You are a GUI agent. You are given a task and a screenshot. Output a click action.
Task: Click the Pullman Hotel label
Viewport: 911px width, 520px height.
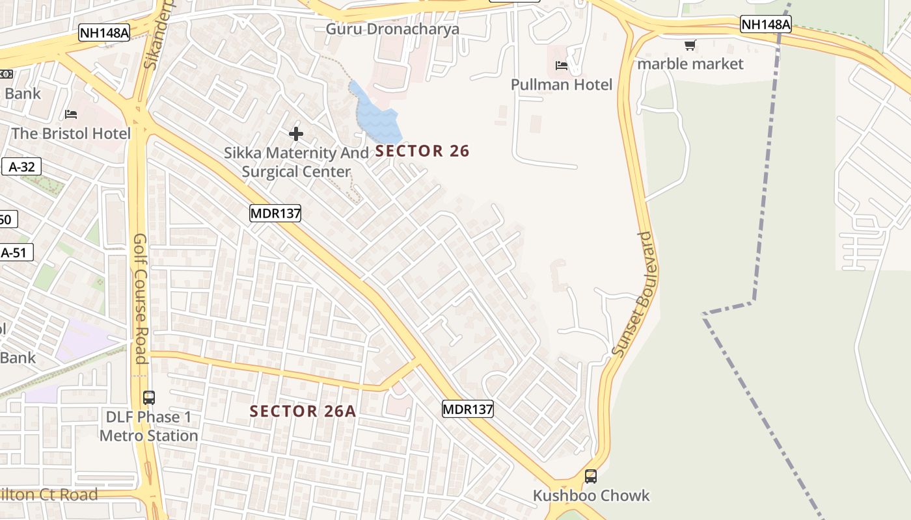tap(561, 84)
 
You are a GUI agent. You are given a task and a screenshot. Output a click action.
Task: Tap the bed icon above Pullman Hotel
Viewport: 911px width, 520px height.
tap(561, 66)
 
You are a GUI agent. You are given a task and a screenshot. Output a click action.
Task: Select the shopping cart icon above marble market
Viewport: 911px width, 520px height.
tap(690, 45)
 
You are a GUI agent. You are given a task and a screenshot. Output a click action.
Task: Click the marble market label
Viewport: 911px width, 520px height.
tap(690, 64)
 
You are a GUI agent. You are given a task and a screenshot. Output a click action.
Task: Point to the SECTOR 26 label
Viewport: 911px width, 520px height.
tap(422, 151)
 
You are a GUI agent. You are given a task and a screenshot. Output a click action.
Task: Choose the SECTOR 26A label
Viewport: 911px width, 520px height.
tap(303, 411)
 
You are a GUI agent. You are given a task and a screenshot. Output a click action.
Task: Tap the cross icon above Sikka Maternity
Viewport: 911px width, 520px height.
tap(296, 134)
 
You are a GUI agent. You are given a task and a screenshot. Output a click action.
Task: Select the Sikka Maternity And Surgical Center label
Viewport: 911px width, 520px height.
tap(296, 162)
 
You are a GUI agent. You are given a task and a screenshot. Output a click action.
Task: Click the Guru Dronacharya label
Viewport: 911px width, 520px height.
tap(392, 29)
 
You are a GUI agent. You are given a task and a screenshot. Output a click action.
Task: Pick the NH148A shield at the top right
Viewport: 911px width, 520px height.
tap(766, 25)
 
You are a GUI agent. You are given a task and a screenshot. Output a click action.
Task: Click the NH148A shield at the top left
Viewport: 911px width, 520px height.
tap(104, 33)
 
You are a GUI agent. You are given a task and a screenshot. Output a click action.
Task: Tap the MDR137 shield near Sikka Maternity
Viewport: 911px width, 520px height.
tap(275, 213)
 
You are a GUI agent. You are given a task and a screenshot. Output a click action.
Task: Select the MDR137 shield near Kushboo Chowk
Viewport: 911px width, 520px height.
tap(467, 409)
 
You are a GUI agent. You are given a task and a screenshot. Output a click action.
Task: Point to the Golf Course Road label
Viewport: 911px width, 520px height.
tap(140, 298)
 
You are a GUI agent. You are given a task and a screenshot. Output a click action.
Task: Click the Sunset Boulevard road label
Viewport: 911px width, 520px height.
tap(635, 294)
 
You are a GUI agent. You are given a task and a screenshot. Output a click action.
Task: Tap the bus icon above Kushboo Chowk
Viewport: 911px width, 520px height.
tap(591, 476)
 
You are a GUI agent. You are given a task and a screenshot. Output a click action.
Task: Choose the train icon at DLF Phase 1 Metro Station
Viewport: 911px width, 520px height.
tap(149, 397)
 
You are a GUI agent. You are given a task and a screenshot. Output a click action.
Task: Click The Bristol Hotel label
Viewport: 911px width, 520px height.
tap(71, 133)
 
